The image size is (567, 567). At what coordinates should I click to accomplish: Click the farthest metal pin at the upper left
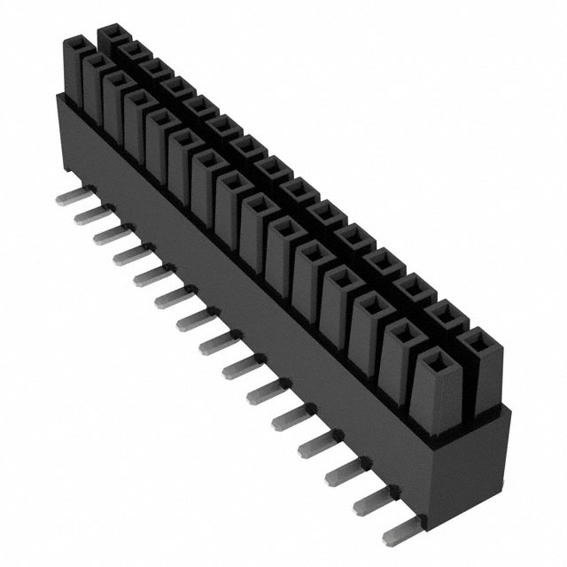coord(67,190)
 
